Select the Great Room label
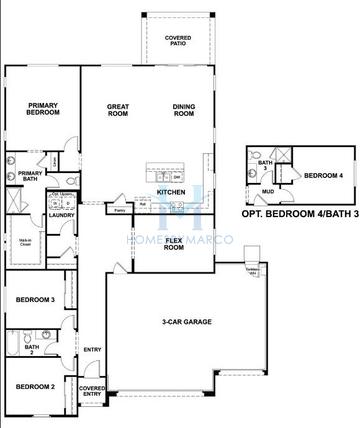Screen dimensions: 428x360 point(121,109)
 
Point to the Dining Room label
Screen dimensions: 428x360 point(182,109)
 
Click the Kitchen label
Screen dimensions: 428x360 point(171,192)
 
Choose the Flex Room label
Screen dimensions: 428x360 point(173,244)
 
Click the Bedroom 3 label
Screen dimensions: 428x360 point(34,299)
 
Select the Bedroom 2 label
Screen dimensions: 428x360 point(34,385)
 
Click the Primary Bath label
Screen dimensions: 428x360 point(31,175)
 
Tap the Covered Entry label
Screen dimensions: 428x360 point(92,391)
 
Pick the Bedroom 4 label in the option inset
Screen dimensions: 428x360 point(323,176)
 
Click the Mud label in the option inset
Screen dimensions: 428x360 point(268,192)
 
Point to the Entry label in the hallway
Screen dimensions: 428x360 point(93,349)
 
